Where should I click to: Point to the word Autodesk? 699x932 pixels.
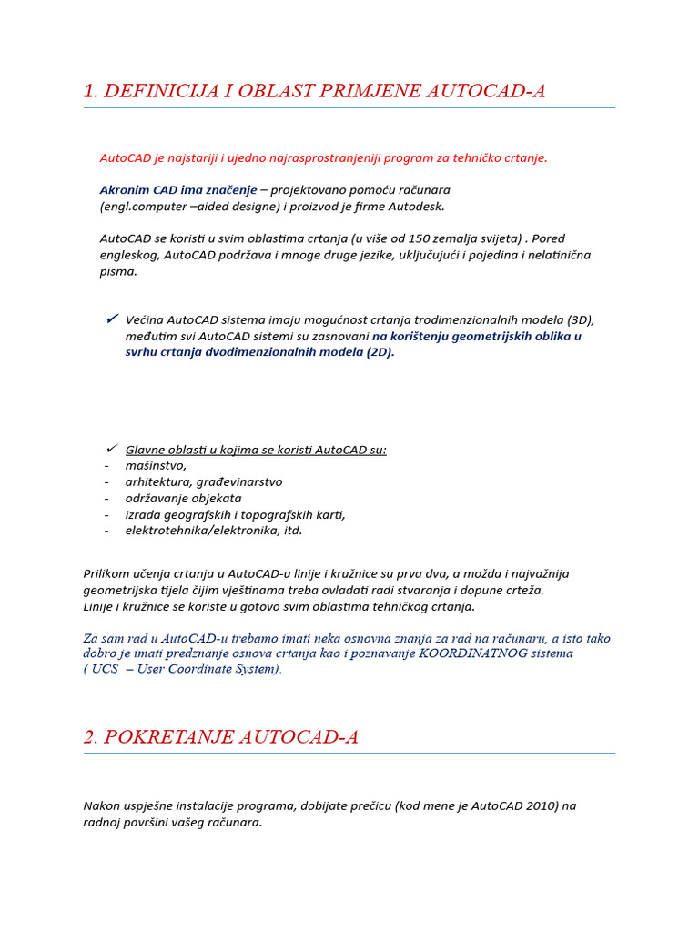click(x=418, y=207)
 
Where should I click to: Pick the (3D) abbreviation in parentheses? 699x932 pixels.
click(x=581, y=319)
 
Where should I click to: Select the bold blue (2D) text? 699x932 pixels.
click(x=380, y=352)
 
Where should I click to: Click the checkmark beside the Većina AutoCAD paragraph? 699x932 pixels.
click(x=112, y=319)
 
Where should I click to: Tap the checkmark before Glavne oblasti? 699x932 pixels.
click(x=112, y=448)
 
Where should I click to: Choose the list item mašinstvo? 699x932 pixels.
click(x=156, y=466)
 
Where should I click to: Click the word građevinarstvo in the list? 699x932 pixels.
click(x=237, y=482)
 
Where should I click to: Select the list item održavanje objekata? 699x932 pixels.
click(x=183, y=499)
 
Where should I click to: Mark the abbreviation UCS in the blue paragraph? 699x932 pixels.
click(x=106, y=669)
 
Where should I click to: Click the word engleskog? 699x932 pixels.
click(x=128, y=255)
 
